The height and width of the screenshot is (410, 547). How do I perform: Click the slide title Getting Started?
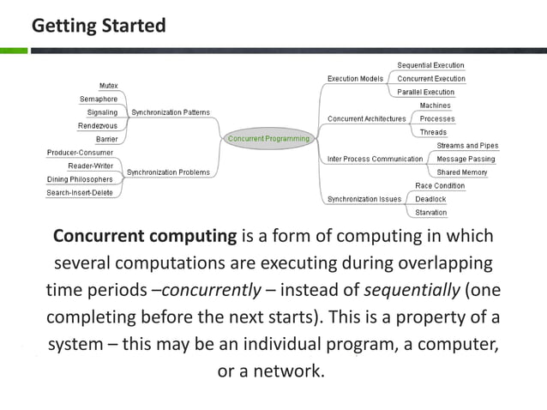[99, 26]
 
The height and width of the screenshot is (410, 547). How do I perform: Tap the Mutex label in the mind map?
[108, 86]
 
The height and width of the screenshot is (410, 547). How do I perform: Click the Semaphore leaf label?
[99, 99]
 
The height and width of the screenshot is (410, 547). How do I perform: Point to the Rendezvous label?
[98, 125]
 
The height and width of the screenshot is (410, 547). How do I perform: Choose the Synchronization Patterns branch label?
[170, 112]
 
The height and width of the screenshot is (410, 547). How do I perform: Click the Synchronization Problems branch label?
[168, 172]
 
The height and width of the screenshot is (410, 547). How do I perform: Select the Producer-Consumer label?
[80, 153]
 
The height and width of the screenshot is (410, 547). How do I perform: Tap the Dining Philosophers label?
[80, 179]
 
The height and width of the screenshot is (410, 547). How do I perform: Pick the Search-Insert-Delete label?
[80, 193]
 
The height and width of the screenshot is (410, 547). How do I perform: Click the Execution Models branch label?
[355, 79]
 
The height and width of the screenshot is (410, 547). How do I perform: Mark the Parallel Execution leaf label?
[425, 92]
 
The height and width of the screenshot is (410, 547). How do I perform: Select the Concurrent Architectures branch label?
[366, 118]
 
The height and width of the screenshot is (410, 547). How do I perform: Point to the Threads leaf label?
[433, 132]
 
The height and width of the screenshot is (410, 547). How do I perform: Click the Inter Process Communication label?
[375, 159]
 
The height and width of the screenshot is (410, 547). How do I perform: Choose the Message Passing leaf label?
[466, 159]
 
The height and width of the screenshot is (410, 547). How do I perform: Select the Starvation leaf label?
[430, 213]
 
